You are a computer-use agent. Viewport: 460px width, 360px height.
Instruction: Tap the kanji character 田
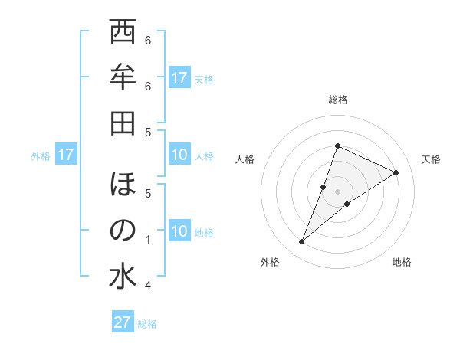tap(123, 122)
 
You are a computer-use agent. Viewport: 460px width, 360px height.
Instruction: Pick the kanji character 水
tap(123, 275)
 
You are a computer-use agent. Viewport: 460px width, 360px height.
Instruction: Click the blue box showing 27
tap(123, 322)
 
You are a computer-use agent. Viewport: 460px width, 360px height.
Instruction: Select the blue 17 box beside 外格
tap(66, 155)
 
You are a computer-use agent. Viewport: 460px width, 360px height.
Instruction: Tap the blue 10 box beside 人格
tap(179, 155)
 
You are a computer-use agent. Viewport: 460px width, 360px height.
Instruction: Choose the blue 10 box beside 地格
tap(179, 232)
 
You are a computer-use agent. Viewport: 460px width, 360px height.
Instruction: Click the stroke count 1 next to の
tap(148, 240)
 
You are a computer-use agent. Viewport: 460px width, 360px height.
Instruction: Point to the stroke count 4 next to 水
tap(148, 286)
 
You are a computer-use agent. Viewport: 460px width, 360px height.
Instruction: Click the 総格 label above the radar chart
tap(337, 100)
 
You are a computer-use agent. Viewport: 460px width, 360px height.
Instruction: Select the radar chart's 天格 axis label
tap(432, 159)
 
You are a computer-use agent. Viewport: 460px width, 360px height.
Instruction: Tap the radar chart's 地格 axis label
tap(402, 262)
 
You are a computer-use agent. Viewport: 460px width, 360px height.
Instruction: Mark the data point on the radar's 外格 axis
tap(302, 242)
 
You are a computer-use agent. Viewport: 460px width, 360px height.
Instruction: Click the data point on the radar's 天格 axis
tap(396, 172)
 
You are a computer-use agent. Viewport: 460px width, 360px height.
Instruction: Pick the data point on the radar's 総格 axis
tap(337, 146)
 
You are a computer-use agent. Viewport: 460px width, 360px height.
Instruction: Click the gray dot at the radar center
tap(337, 191)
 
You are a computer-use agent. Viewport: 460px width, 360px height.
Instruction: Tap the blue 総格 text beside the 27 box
tap(147, 323)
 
